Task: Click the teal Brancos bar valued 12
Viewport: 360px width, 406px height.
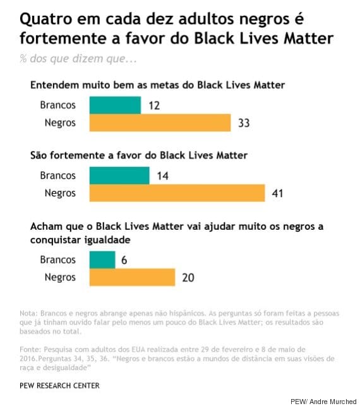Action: (x=116, y=105)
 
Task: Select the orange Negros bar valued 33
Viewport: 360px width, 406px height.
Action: (x=160, y=122)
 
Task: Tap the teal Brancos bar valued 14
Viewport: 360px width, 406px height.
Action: (x=120, y=176)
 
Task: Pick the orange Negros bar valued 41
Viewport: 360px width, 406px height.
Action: (x=177, y=193)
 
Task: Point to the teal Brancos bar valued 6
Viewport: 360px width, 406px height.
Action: (x=103, y=260)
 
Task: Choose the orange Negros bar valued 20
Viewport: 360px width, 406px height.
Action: (x=133, y=277)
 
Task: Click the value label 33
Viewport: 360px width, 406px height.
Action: (x=243, y=122)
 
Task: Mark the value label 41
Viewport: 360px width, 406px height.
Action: (x=277, y=193)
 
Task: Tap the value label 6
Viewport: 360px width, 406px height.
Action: (x=124, y=260)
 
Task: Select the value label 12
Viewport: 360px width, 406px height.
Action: (x=153, y=105)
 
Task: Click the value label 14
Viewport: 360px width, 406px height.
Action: (x=162, y=176)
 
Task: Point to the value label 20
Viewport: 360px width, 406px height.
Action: (x=187, y=277)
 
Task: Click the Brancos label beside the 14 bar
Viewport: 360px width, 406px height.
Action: (x=57, y=176)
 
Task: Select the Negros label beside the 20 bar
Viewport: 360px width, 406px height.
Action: (x=60, y=277)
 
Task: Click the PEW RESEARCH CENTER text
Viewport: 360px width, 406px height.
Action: (x=59, y=385)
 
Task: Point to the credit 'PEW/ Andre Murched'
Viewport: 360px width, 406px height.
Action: (x=323, y=401)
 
